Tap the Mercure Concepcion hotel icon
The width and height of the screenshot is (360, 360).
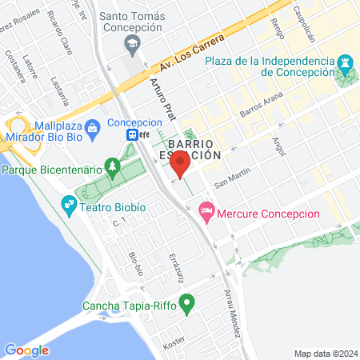(206, 211)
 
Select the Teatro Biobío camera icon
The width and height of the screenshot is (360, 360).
(68, 206)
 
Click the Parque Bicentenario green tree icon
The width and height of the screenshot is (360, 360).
(113, 169)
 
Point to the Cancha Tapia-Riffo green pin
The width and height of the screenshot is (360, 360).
(187, 303)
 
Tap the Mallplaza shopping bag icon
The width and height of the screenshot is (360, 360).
(93, 126)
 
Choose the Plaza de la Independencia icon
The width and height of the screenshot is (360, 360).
(345, 62)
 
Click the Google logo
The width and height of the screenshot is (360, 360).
(26, 350)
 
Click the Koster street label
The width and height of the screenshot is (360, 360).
(174, 344)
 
